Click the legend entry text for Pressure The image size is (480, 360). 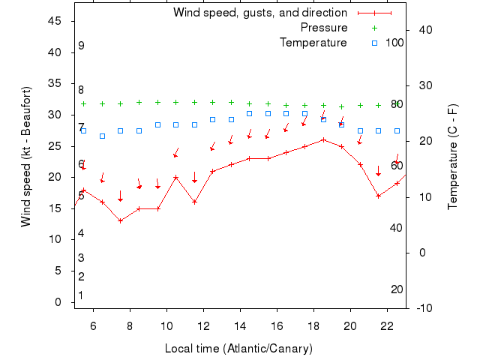tap(324, 28)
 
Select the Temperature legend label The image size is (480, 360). tap(313, 43)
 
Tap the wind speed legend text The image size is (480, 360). tap(259, 13)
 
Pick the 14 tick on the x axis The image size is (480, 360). tap(240, 325)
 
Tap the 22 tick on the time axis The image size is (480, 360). tap(387, 325)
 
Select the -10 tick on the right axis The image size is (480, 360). tap(424, 308)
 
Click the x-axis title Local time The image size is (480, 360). tap(238, 349)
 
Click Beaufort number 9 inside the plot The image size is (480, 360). tap(81, 46)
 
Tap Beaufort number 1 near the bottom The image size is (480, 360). tap(81, 295)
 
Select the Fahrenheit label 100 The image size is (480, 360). tap(394, 42)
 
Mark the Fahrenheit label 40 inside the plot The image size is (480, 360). tap(396, 227)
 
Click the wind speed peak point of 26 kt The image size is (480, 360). tap(323, 139)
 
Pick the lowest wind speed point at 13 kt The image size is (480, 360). tap(120, 220)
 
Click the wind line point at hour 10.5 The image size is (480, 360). tap(175, 177)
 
